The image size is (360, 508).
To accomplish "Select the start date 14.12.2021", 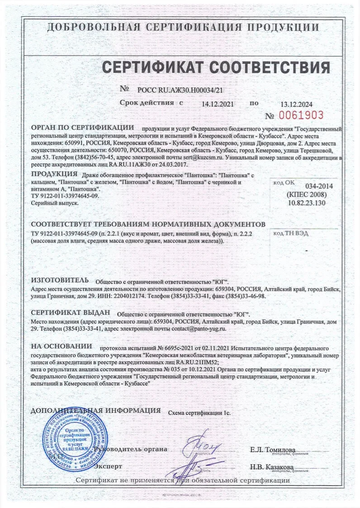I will click(218, 104).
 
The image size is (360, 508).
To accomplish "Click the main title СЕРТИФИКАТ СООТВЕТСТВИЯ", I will click(216, 67).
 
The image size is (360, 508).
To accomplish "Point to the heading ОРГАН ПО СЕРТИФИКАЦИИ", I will click(83, 128).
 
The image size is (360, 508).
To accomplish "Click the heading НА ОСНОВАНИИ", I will click(62, 347).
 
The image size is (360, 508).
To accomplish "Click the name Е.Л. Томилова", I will click(272, 450).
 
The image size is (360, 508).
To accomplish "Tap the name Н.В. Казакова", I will click(272, 466).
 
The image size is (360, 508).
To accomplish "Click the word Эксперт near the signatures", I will click(108, 465).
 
